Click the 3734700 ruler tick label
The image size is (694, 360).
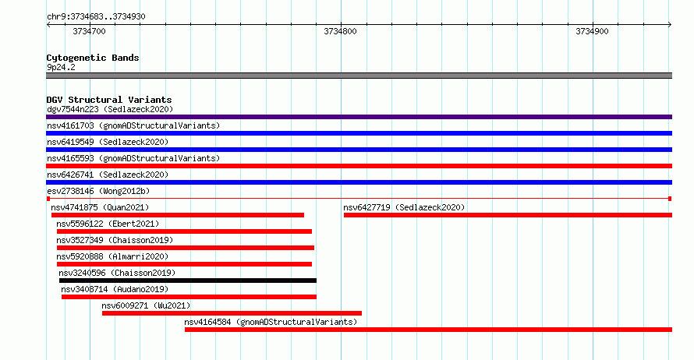[89, 31]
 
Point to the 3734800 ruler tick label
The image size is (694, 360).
[340, 31]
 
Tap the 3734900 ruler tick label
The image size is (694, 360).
[592, 31]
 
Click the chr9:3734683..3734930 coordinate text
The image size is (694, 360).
[96, 17]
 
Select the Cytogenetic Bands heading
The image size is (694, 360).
[93, 58]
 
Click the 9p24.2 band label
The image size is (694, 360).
[61, 67]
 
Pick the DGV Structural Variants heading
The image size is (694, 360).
[109, 100]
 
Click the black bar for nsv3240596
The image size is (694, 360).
[188, 281]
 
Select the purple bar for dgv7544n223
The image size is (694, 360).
[359, 117]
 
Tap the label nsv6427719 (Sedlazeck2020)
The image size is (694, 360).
[404, 207]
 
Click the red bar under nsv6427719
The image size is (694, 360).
[508, 215]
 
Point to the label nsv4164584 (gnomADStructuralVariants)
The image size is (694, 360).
[271, 322]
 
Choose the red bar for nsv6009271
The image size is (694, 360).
[232, 313]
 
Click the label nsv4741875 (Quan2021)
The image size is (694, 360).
[100, 207]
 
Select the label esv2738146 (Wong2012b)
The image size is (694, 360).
[98, 191]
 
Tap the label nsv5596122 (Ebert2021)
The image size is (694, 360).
[108, 224]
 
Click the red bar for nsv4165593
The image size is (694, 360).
[359, 166]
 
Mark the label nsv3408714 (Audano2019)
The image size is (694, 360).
[115, 289]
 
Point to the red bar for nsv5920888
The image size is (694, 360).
[184, 264]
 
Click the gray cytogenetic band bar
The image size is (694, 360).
[359, 76]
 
